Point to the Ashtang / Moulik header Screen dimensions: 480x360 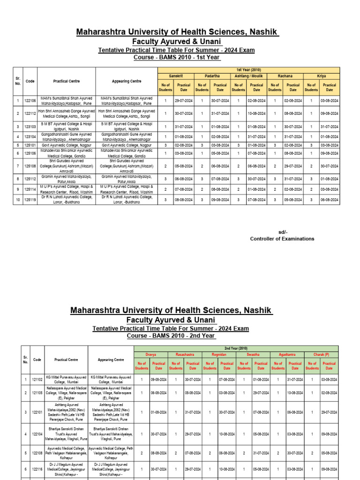point(248,76)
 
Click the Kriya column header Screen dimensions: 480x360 point(321,76)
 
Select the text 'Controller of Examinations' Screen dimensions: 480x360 point(282,239)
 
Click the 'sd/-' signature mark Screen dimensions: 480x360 point(283,232)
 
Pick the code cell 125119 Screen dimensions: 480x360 point(30,199)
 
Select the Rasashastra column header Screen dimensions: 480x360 point(184,355)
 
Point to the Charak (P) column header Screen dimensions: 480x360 point(321,355)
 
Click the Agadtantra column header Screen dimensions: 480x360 point(286,355)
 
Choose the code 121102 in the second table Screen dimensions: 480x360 point(37,379)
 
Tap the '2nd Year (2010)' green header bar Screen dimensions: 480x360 point(236,349)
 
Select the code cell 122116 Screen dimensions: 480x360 point(37,469)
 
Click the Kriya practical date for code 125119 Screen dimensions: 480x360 point(330,199)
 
